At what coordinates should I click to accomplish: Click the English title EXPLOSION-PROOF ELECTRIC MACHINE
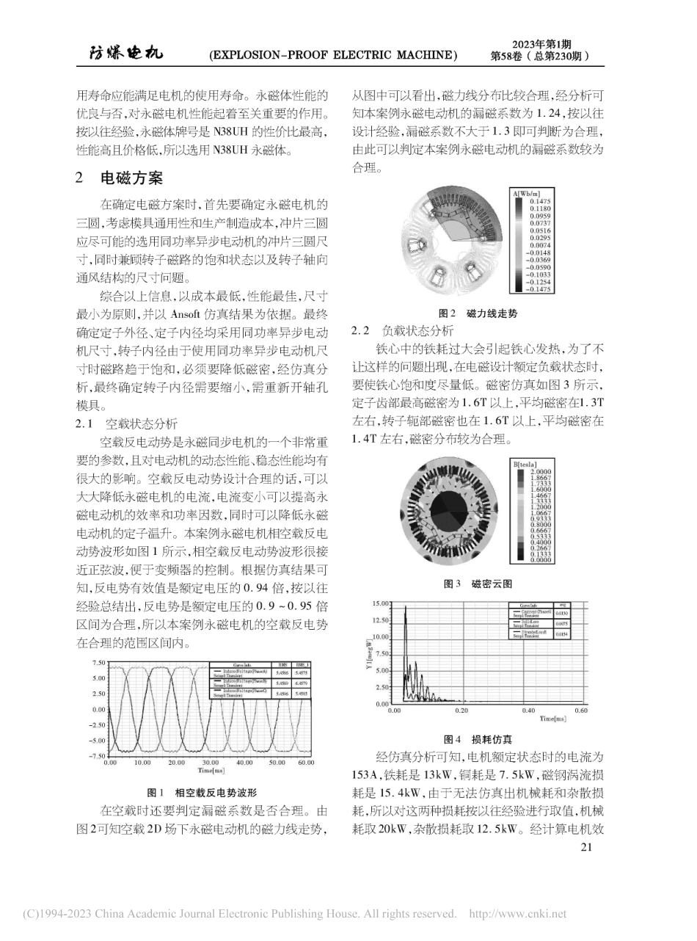[332, 55]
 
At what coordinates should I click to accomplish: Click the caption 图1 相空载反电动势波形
[202, 792]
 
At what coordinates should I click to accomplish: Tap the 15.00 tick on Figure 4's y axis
[381, 603]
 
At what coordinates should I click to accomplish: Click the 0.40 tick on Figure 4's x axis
[528, 711]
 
